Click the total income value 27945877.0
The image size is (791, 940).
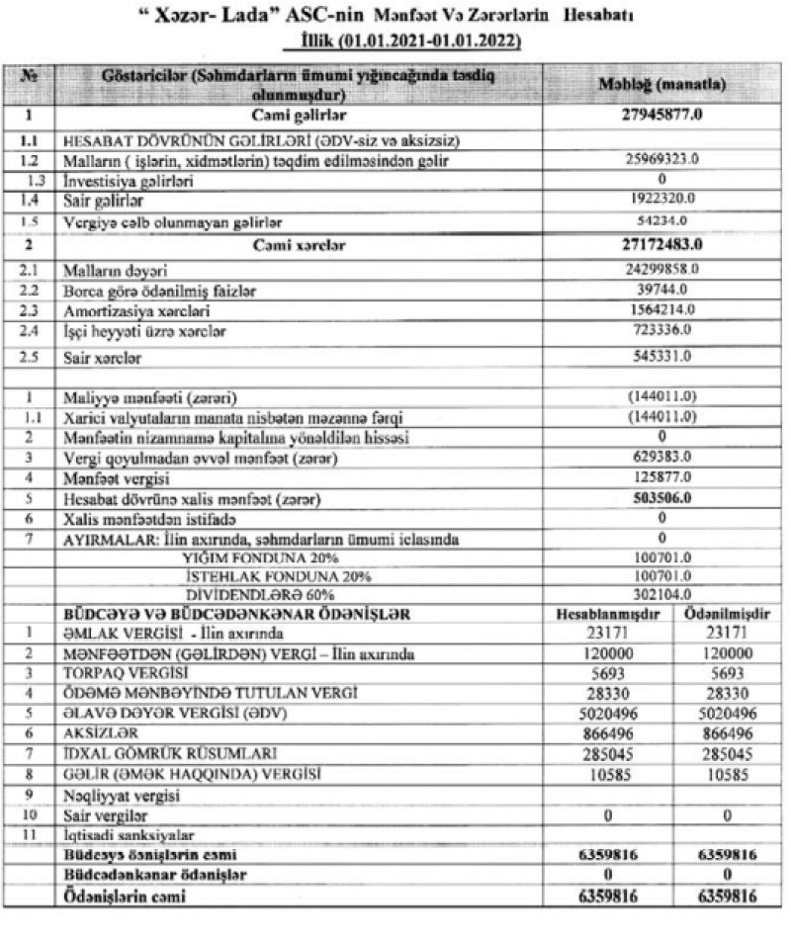663,117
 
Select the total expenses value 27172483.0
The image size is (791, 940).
663,243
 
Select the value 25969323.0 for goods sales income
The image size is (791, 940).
663,158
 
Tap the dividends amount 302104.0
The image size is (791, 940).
663,594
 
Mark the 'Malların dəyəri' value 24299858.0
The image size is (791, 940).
663,268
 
